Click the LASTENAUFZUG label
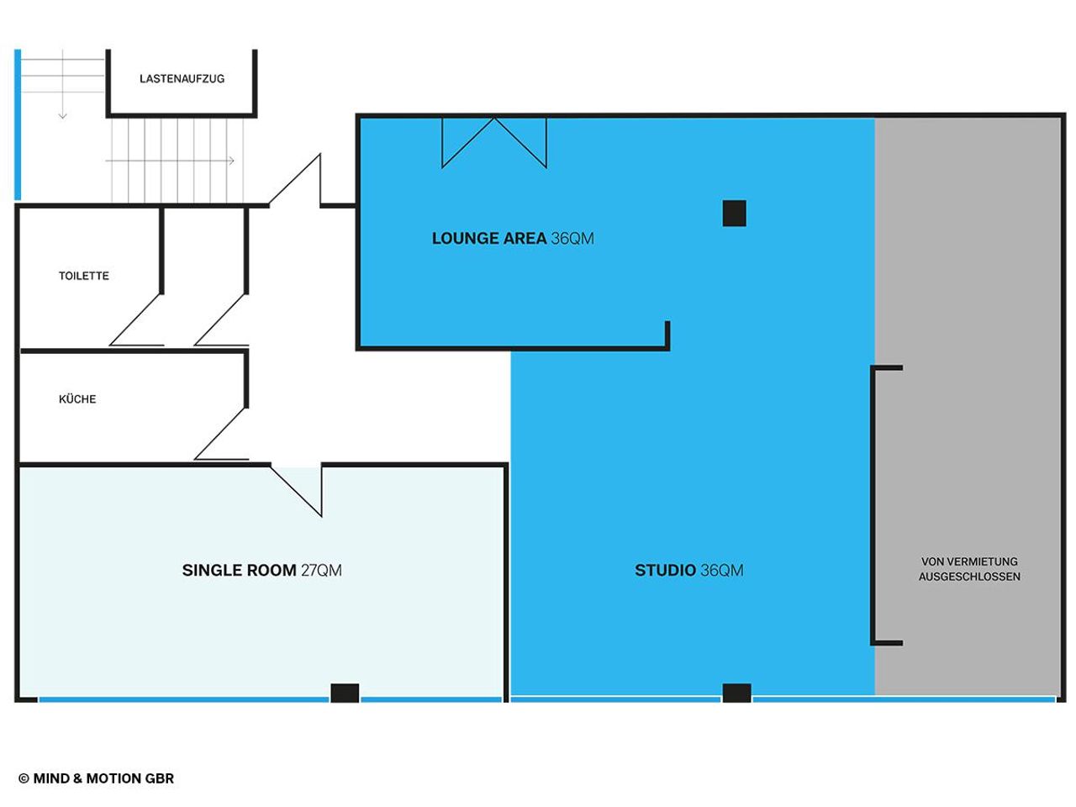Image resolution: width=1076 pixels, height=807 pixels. (x=182, y=79)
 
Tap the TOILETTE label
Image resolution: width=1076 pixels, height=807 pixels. (x=84, y=276)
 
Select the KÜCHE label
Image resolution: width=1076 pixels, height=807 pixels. (x=77, y=399)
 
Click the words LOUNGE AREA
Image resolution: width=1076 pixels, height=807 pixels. (x=489, y=239)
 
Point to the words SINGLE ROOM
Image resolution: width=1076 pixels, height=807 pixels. (x=239, y=571)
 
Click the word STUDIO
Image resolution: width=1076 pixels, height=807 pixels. (x=665, y=571)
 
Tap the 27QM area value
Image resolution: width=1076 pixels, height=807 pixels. (x=321, y=571)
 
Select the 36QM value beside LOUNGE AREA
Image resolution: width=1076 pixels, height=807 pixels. (x=572, y=239)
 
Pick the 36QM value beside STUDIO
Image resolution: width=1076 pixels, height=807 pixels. (x=722, y=571)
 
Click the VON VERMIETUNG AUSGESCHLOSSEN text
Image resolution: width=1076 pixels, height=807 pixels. (x=969, y=569)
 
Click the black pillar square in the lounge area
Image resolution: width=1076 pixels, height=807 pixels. (x=734, y=214)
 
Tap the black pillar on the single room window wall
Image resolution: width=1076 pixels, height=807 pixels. (x=345, y=693)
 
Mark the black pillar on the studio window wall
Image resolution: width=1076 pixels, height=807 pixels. (x=736, y=693)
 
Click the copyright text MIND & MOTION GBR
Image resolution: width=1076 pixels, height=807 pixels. (x=97, y=778)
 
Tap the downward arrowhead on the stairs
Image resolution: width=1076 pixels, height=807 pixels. (x=62, y=115)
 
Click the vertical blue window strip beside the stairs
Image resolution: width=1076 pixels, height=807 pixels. (x=18, y=124)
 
